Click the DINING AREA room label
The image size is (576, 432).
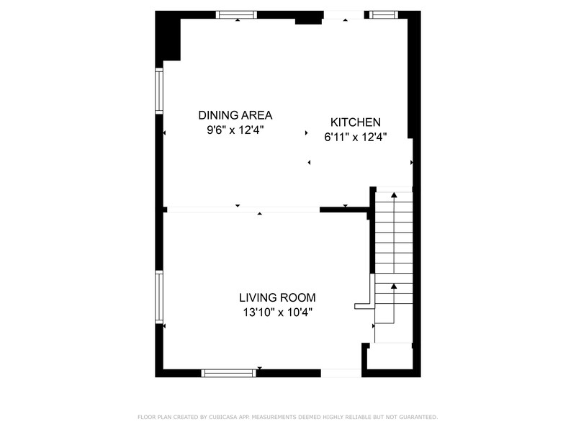click(235, 115)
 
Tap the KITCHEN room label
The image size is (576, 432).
click(355, 122)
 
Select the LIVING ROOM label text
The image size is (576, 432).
click(277, 297)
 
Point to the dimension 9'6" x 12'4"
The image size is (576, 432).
click(235, 130)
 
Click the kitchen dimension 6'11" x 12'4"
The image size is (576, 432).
click(355, 138)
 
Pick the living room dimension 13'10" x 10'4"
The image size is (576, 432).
click(277, 312)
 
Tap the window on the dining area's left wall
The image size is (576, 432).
click(159, 91)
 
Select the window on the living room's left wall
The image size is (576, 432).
click(159, 296)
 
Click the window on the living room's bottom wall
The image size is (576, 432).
click(228, 373)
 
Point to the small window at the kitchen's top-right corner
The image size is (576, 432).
click(383, 14)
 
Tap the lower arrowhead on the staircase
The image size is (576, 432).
click(394, 287)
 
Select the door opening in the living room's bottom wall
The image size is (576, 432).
click(341, 373)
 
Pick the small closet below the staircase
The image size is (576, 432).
click(390, 358)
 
